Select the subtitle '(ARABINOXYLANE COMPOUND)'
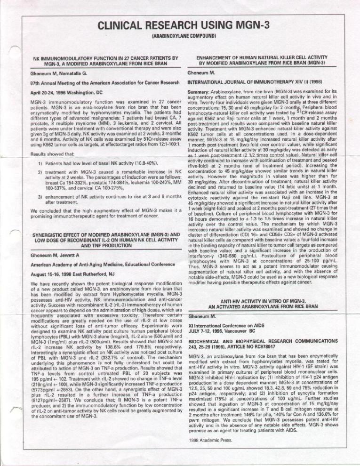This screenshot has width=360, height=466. (x=184, y=35)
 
